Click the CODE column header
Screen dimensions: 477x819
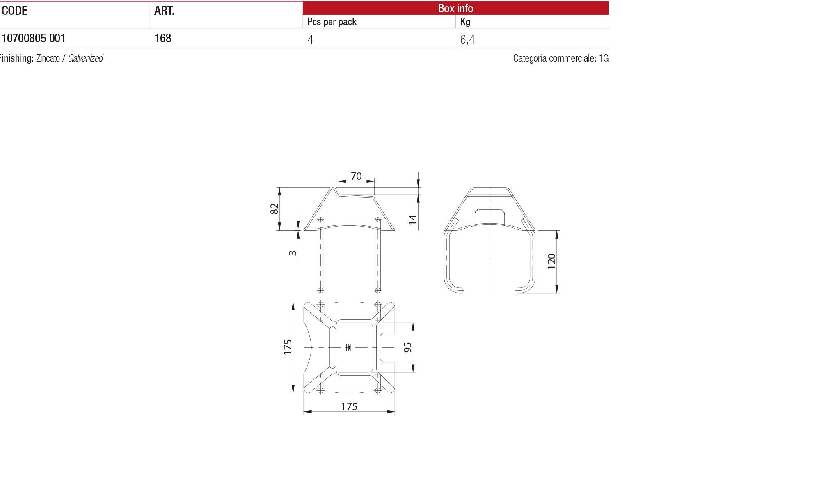(x=15, y=11)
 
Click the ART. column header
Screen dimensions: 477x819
(x=164, y=11)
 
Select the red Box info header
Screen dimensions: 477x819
(x=455, y=8)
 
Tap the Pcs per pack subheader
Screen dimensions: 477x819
(x=332, y=22)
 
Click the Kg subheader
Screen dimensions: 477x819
(x=465, y=22)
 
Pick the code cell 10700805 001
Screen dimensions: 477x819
(x=34, y=39)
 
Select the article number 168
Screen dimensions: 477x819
(x=163, y=39)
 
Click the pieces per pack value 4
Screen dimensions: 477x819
(x=310, y=39)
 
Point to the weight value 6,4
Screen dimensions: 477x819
(x=467, y=39)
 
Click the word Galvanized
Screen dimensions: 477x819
(x=85, y=58)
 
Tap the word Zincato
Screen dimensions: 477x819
(x=48, y=58)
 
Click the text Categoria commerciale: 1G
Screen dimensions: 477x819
(x=560, y=58)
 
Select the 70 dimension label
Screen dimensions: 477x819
(x=356, y=177)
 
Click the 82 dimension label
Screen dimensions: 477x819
(x=275, y=209)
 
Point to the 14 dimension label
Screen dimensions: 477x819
(x=413, y=219)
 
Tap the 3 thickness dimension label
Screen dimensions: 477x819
(x=293, y=253)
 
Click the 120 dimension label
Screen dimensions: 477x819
(x=551, y=261)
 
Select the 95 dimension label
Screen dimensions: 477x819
(x=407, y=347)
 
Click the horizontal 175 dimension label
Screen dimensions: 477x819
(x=349, y=406)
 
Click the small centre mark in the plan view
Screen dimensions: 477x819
(x=348, y=347)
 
